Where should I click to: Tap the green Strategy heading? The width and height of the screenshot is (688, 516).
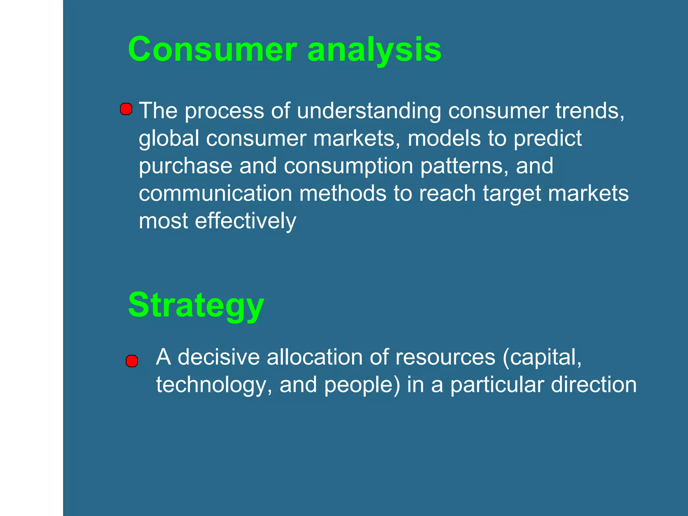(x=196, y=305)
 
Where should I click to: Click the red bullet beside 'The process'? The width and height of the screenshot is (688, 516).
(x=126, y=109)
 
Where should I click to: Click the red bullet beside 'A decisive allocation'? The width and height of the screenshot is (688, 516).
(x=132, y=361)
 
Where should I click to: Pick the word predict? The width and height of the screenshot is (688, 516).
(x=548, y=139)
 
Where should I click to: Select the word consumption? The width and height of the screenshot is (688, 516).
(x=348, y=166)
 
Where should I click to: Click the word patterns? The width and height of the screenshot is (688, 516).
(x=464, y=166)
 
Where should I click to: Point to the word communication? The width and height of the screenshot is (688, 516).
(x=215, y=193)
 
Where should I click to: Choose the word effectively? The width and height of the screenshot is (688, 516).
(x=245, y=221)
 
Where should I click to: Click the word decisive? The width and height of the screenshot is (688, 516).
(x=219, y=357)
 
